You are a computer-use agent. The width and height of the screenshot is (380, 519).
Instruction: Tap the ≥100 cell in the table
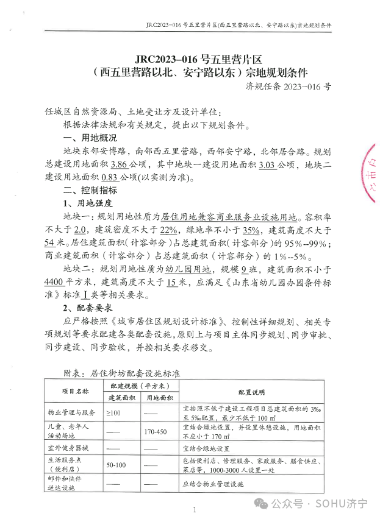tap(114, 412)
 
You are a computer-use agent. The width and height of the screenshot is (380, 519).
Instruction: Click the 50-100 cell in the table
tap(116, 465)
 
